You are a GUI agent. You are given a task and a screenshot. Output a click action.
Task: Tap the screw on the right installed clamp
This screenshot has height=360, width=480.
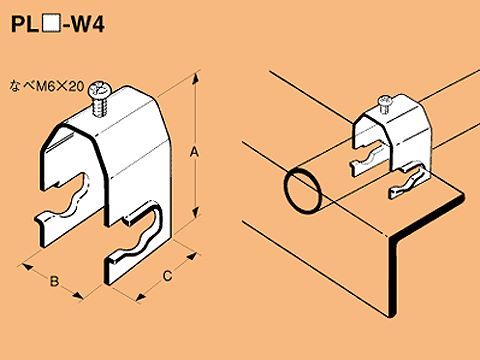pos(387,100)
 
